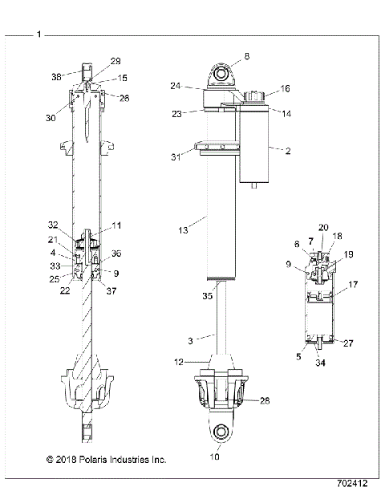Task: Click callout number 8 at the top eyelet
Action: click(246, 56)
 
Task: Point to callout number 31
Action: click(175, 156)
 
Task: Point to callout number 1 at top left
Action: click(40, 34)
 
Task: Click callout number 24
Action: click(175, 84)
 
